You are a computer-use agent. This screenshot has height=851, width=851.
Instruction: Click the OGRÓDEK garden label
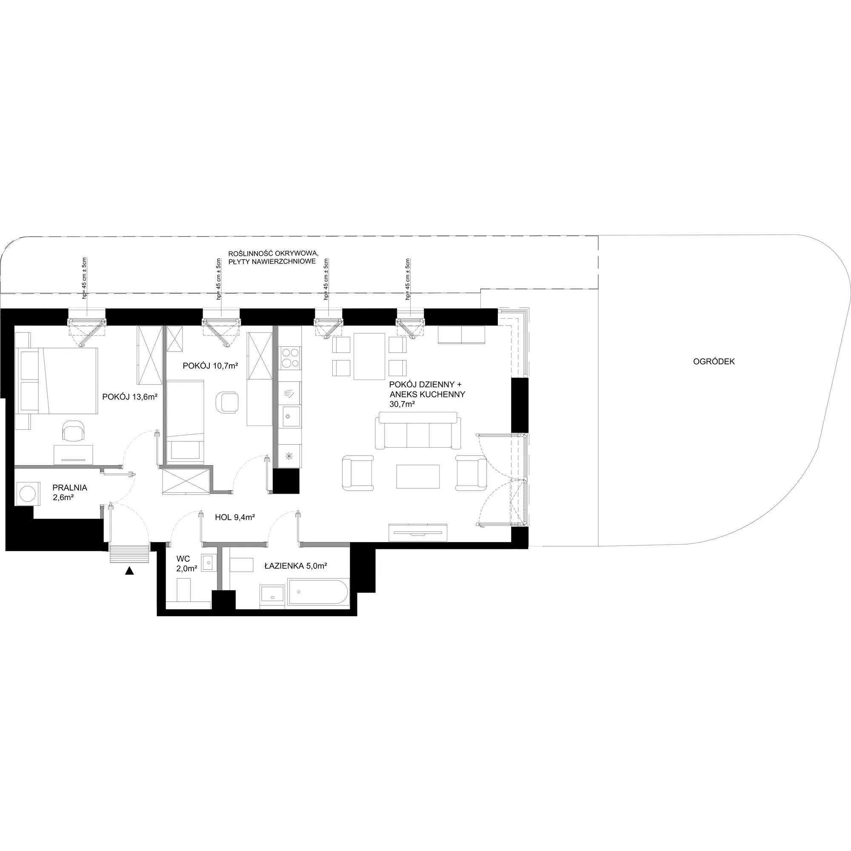click(714, 362)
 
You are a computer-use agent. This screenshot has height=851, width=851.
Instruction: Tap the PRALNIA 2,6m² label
click(70, 493)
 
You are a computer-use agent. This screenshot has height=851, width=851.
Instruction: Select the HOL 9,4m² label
click(235, 517)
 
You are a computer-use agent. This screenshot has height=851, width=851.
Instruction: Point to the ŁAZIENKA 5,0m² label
click(296, 566)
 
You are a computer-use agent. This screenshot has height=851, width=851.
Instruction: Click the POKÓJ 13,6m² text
click(130, 397)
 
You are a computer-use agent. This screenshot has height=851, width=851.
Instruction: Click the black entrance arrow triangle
click(129, 571)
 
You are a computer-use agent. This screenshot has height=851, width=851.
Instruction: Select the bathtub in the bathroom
click(317, 593)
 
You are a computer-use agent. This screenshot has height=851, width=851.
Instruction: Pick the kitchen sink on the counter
click(291, 416)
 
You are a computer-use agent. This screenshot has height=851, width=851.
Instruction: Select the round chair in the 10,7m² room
click(227, 402)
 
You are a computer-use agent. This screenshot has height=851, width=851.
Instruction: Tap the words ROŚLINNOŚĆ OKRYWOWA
click(273, 254)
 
